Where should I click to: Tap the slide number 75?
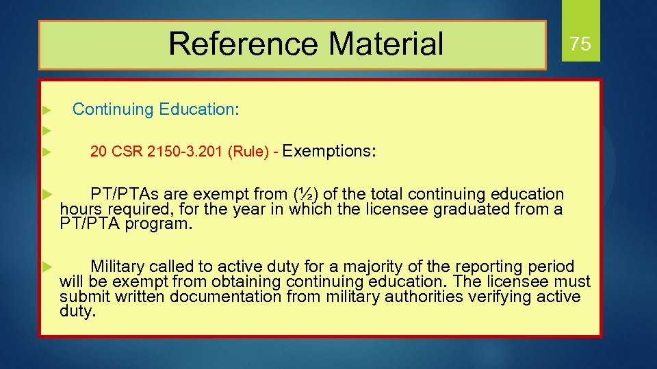[580, 44]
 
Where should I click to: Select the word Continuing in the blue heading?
[114, 109]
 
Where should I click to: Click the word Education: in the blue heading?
[199, 109]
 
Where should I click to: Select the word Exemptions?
[328, 151]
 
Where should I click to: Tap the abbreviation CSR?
[125, 152]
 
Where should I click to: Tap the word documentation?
[226, 297]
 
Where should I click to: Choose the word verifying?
[509, 297]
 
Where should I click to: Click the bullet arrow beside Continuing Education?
[47, 110]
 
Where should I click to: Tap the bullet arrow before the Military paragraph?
[47, 266]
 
